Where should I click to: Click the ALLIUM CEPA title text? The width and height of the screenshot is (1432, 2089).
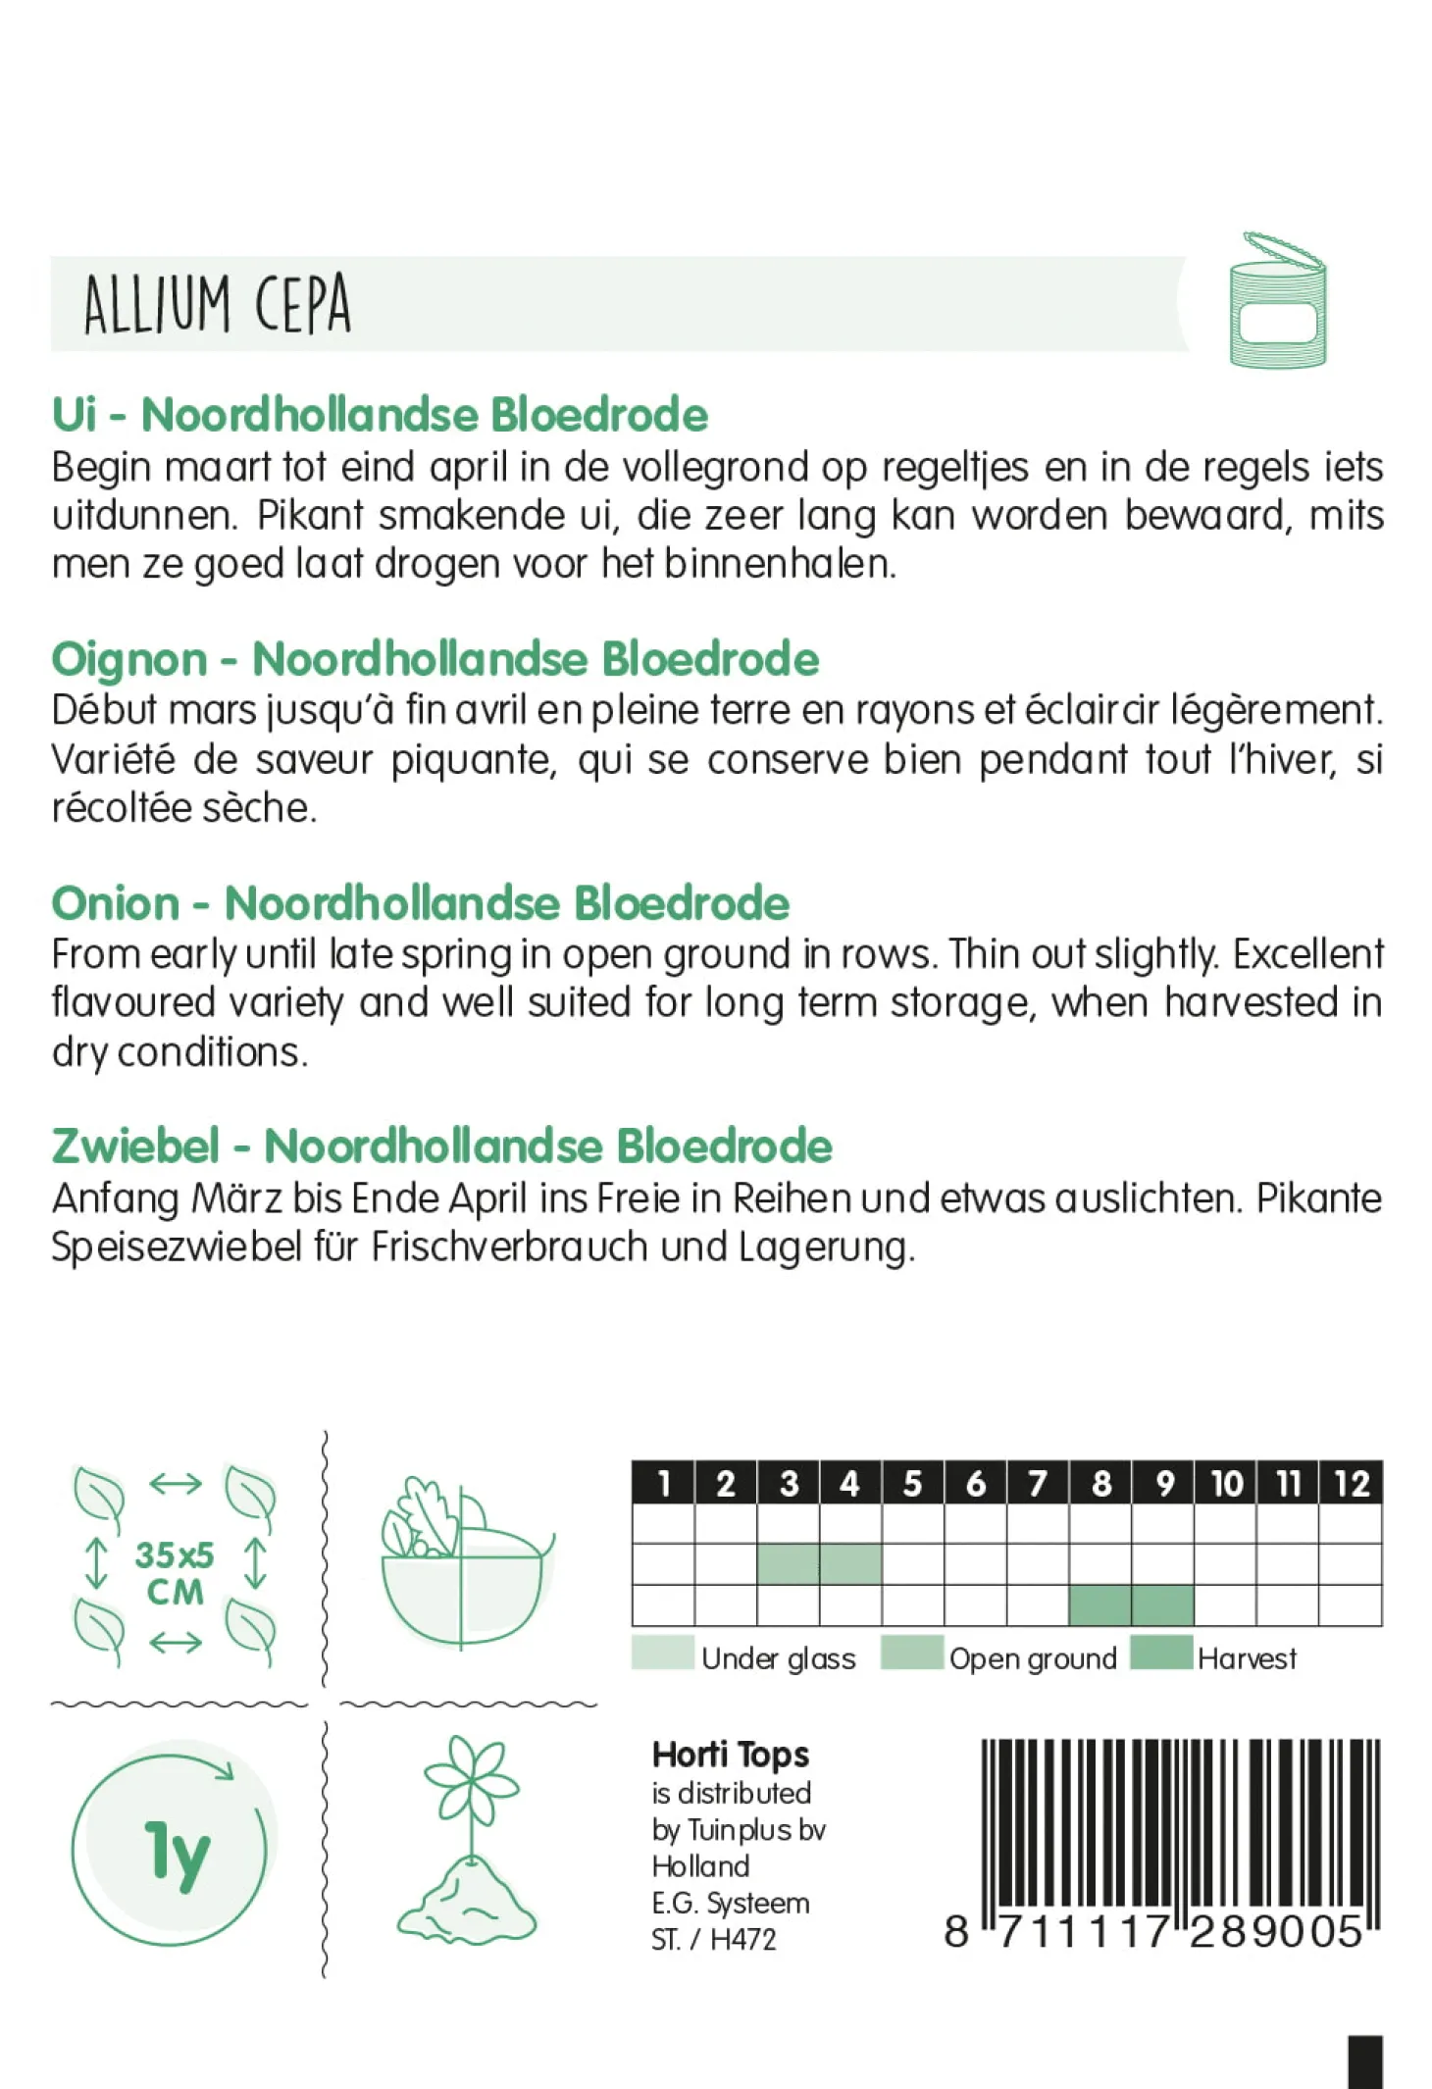pos(217,304)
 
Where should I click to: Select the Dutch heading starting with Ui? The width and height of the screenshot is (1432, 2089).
pos(380,415)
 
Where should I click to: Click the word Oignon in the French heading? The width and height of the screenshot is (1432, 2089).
pos(129,659)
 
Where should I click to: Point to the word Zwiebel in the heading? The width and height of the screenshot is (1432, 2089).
pos(135,1146)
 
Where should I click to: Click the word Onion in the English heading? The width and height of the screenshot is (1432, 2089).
pos(116,903)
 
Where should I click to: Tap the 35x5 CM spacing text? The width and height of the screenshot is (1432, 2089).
pos(175,1573)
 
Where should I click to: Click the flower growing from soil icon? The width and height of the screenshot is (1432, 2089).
pos(469,1845)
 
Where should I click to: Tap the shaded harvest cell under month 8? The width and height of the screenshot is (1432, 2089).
pos(1100,1605)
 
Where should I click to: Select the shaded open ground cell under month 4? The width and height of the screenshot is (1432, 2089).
pos(850,1564)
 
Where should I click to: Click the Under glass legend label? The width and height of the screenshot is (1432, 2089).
pos(778,1658)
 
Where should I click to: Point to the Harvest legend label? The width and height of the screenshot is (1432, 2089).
pos(1247,1658)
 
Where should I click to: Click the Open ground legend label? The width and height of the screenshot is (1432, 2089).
pos(1033,1658)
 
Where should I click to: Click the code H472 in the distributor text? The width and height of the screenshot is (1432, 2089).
pos(742,1939)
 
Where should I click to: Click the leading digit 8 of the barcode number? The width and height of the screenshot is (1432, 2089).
pos(956,1931)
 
